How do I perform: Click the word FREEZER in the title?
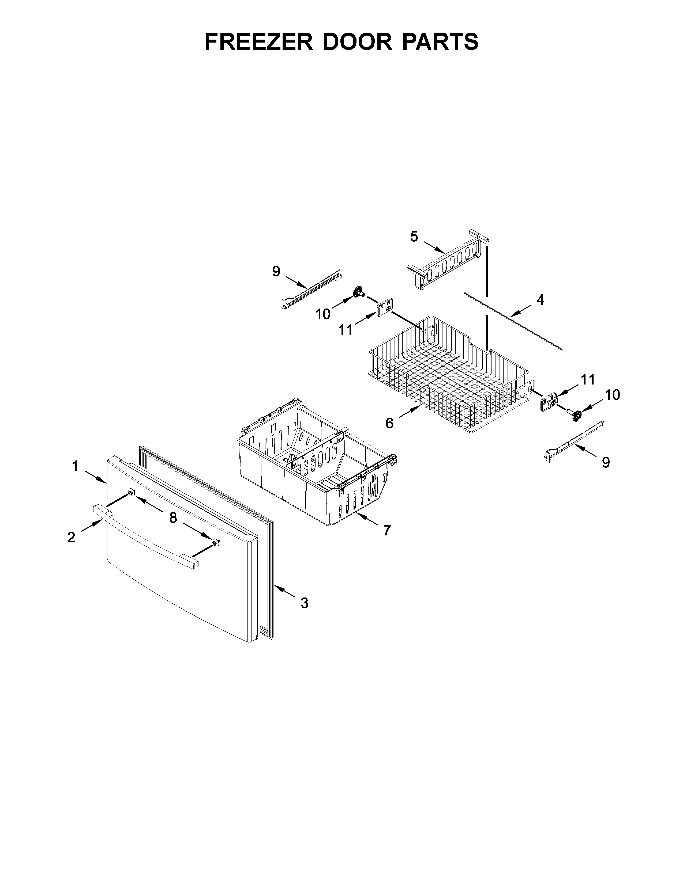pyautogui.click(x=259, y=42)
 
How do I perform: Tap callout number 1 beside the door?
pyautogui.click(x=75, y=467)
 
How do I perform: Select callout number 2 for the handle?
pyautogui.click(x=71, y=537)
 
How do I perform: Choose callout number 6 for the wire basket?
pyautogui.click(x=389, y=423)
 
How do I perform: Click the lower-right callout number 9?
pyautogui.click(x=605, y=462)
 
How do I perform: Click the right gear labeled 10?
pyautogui.click(x=577, y=415)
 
